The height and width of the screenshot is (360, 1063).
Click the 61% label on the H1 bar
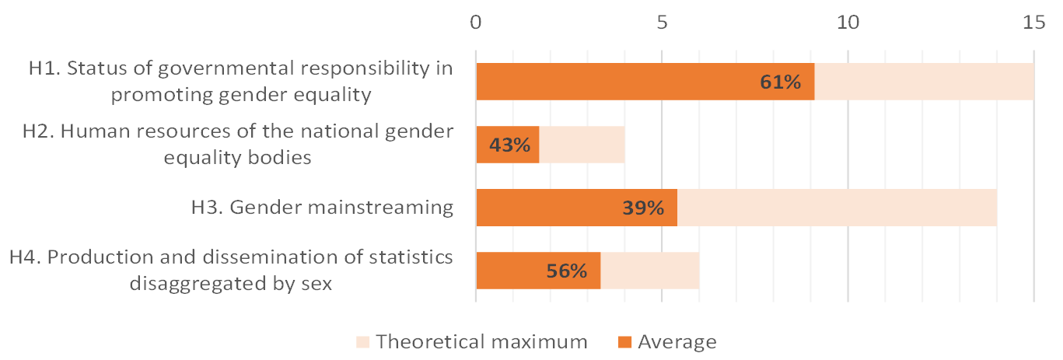[781, 82]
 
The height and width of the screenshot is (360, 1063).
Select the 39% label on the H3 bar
[643, 208]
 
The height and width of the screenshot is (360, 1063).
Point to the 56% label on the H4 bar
[566, 271]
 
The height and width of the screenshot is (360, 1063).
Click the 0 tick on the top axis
[476, 23]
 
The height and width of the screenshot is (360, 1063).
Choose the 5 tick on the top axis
[662, 23]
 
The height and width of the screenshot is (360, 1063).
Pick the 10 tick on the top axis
[848, 23]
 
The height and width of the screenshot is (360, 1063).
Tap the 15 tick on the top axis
[1033, 23]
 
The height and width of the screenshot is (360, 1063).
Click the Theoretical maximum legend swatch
[362, 341]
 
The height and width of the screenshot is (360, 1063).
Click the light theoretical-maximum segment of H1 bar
[924, 82]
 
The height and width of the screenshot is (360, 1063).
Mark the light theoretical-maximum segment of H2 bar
[582, 145]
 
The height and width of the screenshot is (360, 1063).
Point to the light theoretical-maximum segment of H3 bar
[837, 208]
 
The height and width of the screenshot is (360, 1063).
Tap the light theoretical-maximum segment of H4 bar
[649, 271]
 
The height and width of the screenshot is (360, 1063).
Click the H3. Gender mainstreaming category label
[322, 208]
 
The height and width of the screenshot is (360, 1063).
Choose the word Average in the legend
[677, 341]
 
